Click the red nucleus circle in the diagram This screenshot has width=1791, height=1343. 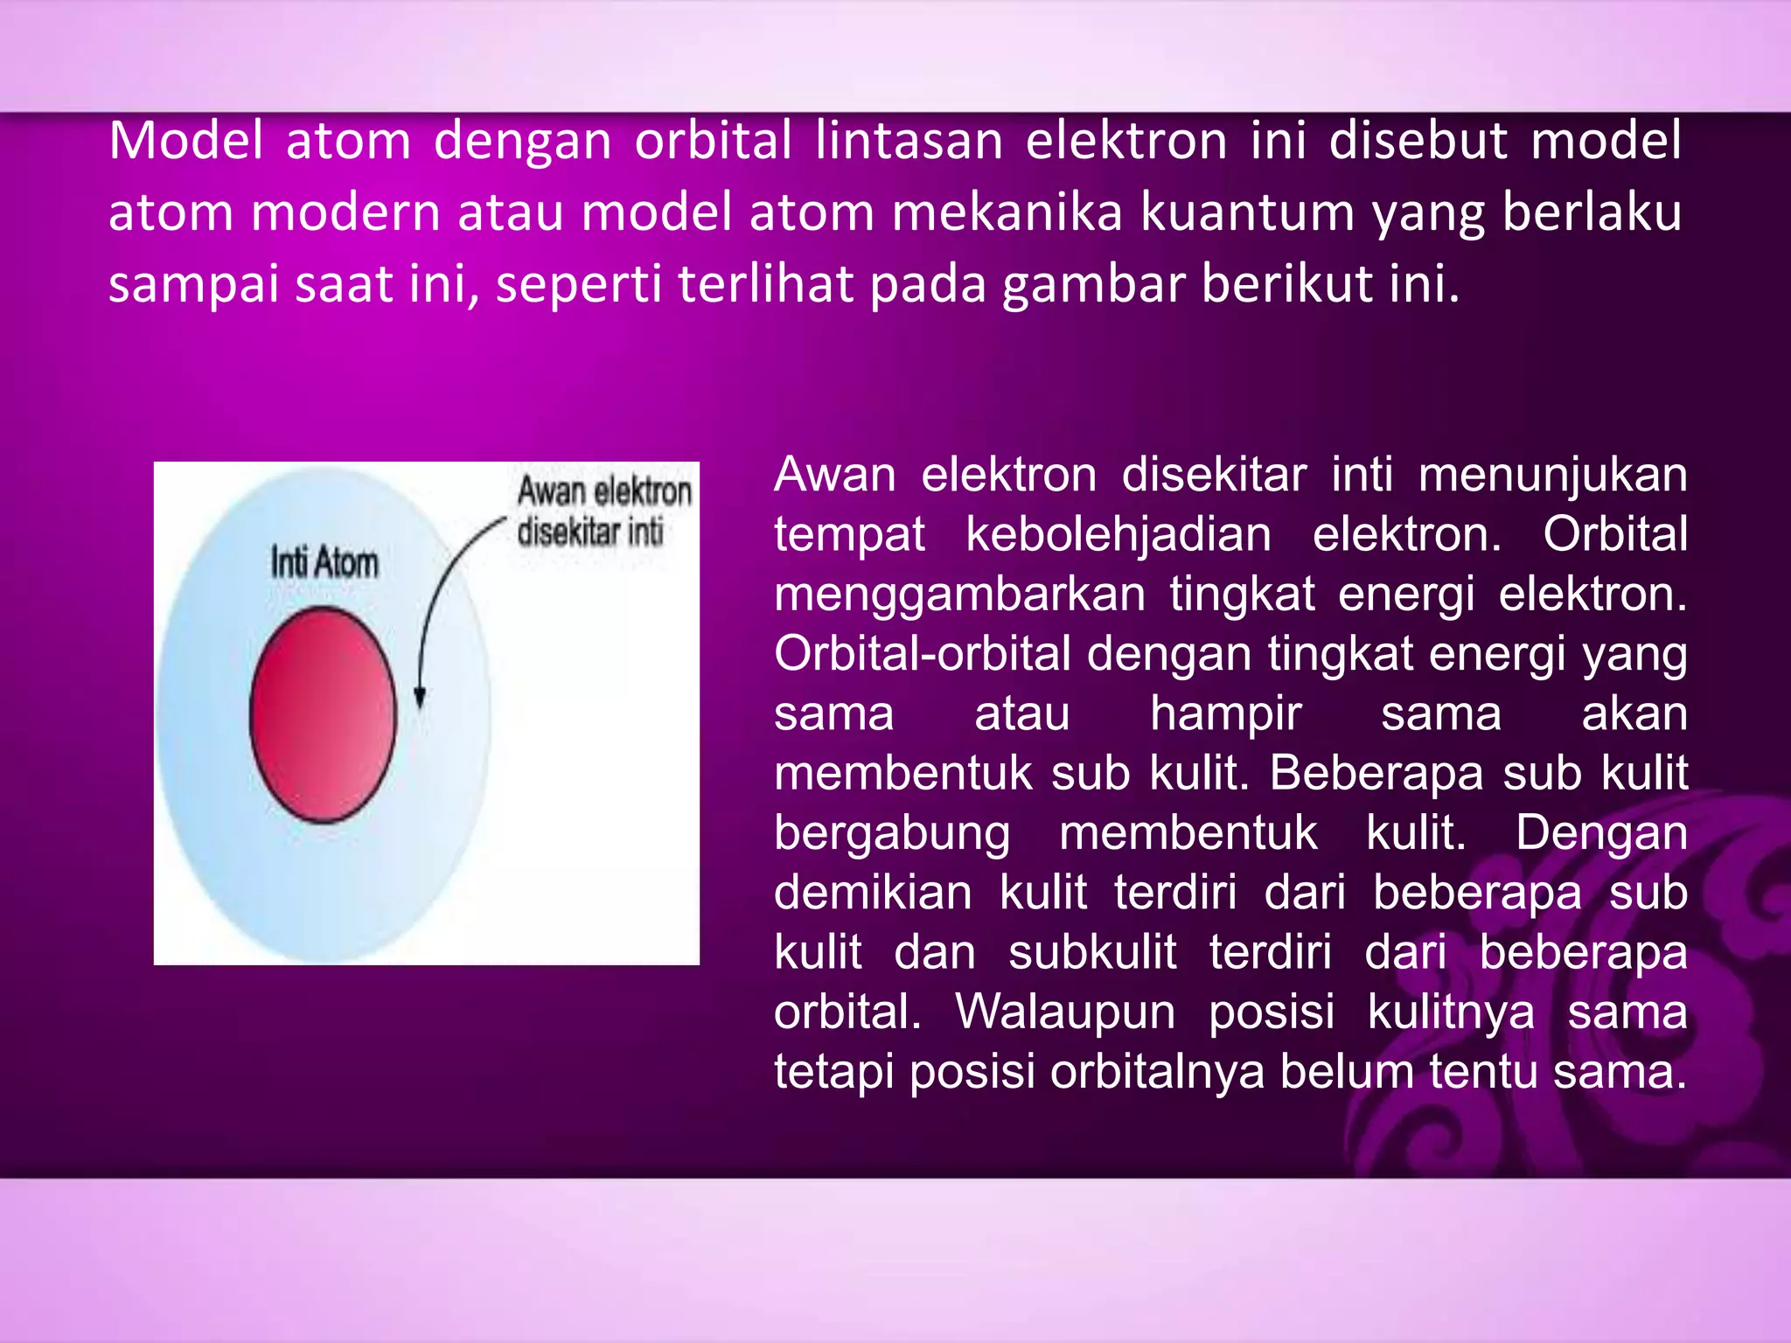[x=323, y=714]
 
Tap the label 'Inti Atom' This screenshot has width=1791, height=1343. [x=324, y=562]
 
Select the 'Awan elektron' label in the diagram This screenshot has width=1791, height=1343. [x=604, y=491]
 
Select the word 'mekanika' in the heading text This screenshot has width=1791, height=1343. [x=1006, y=212]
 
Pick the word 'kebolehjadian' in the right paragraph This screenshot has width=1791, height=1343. [x=1118, y=534]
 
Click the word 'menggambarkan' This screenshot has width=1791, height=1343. [x=959, y=594]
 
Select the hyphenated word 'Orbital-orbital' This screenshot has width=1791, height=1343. [x=922, y=654]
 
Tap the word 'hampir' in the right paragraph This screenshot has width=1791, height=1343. [x=1225, y=713]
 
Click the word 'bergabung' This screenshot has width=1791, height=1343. [x=891, y=832]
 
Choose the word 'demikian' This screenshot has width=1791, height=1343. [x=873, y=893]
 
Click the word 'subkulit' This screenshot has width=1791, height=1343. [x=1092, y=952]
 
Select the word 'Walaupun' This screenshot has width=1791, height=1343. [x=1065, y=1012]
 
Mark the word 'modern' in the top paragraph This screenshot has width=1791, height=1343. [x=345, y=212]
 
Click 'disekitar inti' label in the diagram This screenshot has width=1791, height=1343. [x=590, y=532]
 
